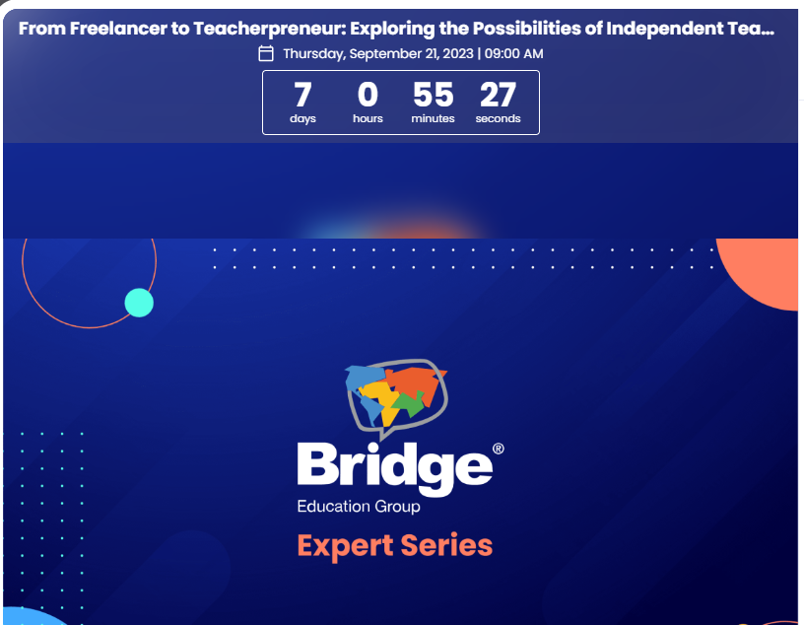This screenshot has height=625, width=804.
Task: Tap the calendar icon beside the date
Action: [x=265, y=53]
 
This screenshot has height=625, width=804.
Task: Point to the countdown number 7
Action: [x=302, y=96]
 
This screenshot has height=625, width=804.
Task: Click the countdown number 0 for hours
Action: [x=368, y=96]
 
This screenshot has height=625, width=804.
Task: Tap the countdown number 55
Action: [x=433, y=96]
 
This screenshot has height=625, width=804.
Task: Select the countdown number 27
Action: [x=498, y=96]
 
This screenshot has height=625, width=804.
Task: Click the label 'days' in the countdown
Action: [x=302, y=119]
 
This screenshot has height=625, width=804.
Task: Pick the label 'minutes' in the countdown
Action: [x=433, y=119]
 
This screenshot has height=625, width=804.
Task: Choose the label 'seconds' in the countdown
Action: [x=498, y=119]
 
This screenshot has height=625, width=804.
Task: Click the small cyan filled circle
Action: [x=139, y=303]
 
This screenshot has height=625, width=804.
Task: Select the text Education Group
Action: [x=358, y=507]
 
